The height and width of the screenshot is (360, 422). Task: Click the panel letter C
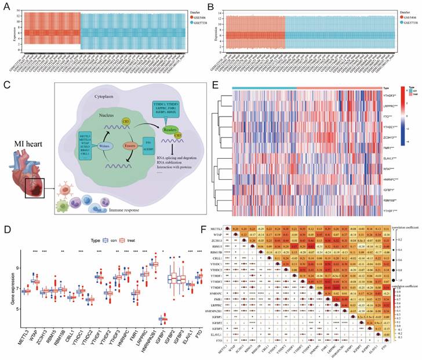[x=7, y=86]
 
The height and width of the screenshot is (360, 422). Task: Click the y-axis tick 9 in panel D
[x=18, y=268]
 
